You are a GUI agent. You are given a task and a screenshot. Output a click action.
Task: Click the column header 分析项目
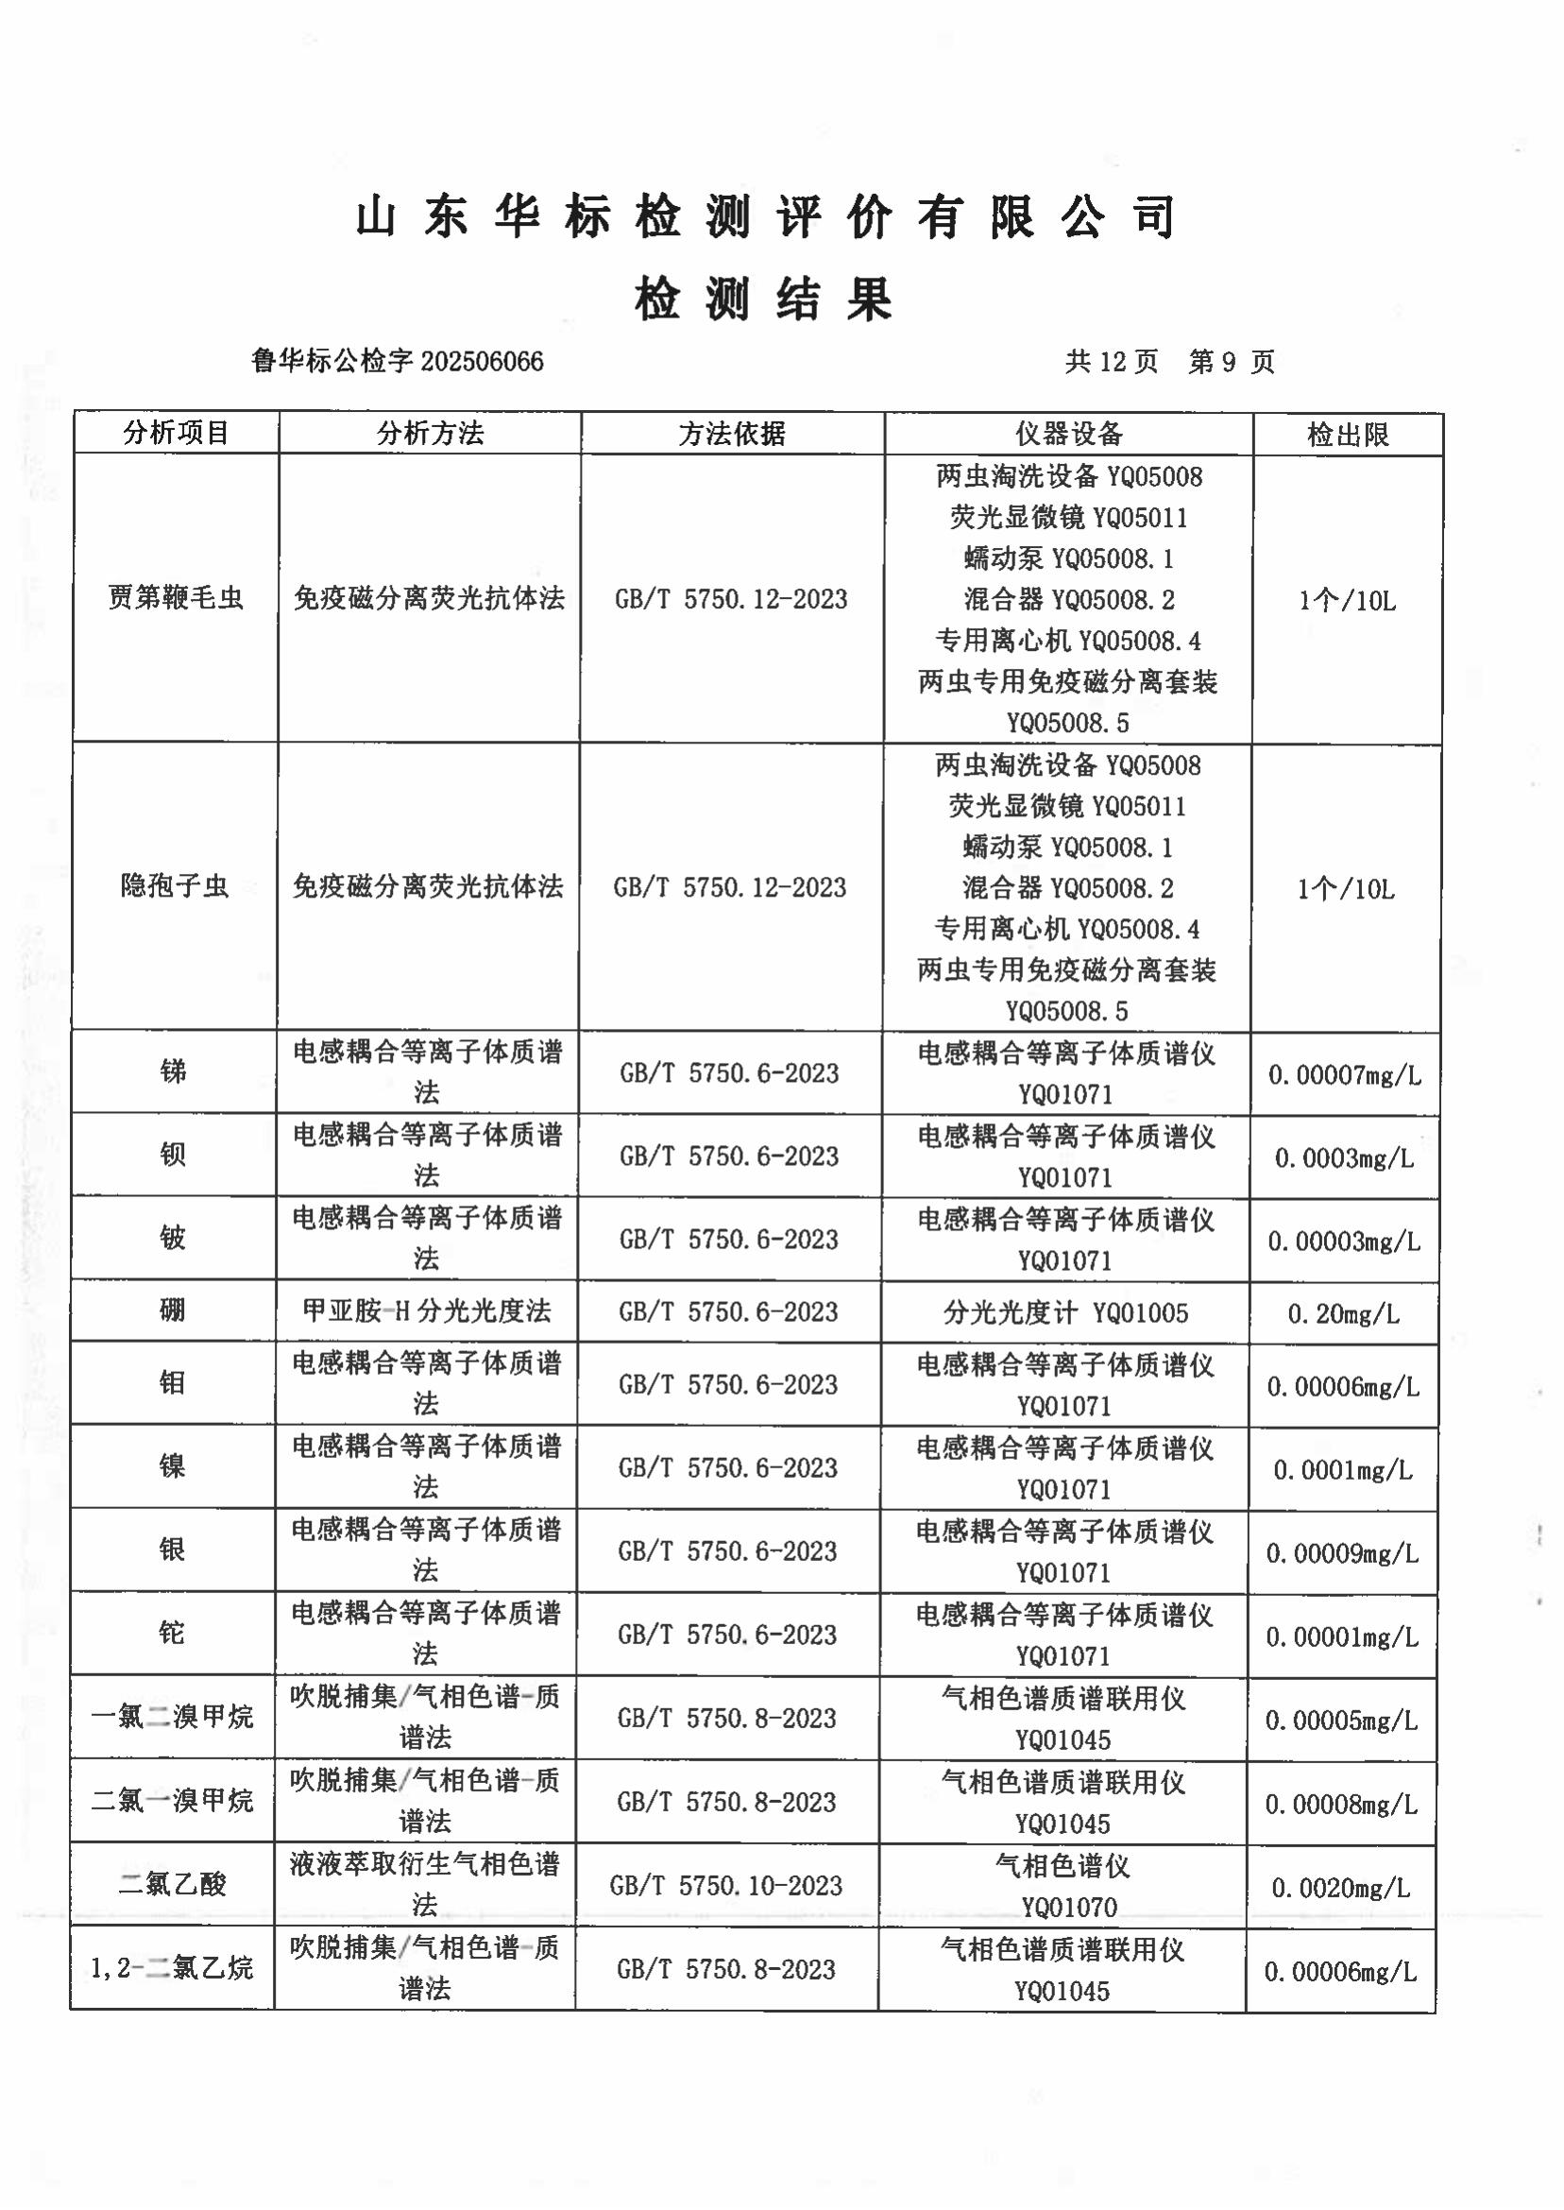click(x=176, y=434)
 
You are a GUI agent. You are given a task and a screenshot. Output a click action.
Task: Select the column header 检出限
click(x=1348, y=436)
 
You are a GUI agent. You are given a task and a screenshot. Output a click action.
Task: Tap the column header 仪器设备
click(x=1068, y=435)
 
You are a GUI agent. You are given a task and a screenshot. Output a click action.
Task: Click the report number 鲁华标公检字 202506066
click(x=397, y=361)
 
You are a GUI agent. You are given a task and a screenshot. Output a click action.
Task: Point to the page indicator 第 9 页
click(x=1231, y=362)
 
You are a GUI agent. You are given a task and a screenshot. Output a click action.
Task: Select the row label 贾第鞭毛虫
click(x=176, y=598)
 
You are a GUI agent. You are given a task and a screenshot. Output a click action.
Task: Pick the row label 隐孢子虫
click(x=175, y=885)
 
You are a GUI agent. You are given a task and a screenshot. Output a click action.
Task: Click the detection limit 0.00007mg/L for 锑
click(x=1345, y=1075)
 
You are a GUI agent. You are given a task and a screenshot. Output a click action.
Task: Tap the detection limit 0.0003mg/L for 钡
click(x=1345, y=1158)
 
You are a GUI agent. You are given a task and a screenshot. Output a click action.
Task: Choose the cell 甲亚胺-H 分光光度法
click(x=427, y=1311)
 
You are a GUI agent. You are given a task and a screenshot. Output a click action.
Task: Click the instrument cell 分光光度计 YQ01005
click(x=1065, y=1313)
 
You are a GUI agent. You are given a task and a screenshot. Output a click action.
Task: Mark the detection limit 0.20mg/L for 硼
click(x=1343, y=1314)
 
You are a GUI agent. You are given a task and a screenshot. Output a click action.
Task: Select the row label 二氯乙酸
click(x=173, y=1883)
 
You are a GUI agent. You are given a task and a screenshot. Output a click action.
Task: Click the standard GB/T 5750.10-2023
click(x=726, y=1885)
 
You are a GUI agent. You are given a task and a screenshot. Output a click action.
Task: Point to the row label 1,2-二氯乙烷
click(x=173, y=1967)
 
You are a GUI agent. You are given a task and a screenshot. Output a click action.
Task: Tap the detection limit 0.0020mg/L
click(x=1341, y=1888)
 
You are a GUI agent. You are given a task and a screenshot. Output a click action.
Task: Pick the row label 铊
click(x=173, y=1633)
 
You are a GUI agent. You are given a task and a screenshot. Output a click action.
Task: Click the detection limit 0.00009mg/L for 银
click(x=1342, y=1553)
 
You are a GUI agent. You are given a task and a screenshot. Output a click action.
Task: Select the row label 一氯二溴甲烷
click(x=173, y=1717)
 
